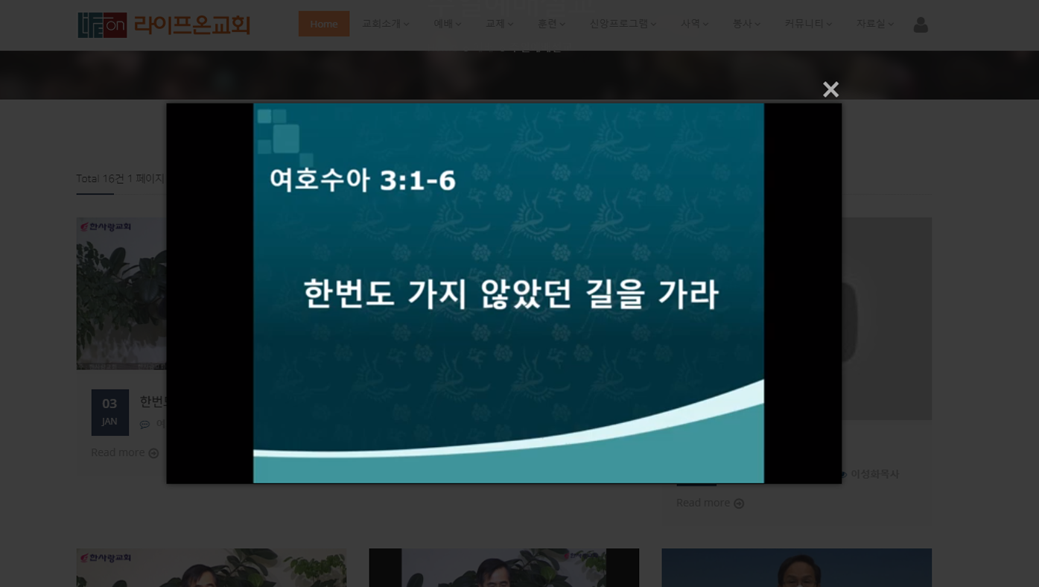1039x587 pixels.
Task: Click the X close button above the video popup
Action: point(830,89)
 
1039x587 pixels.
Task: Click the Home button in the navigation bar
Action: point(324,24)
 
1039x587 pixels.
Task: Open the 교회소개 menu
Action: point(385,24)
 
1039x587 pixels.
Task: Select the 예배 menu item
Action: point(447,24)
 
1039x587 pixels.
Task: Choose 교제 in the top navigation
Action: point(499,24)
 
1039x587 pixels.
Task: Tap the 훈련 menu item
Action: point(551,24)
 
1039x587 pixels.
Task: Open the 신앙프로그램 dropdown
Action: point(623,24)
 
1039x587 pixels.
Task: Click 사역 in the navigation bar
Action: point(694,24)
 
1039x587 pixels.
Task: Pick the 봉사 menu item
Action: point(746,24)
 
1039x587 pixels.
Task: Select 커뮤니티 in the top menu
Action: point(807,24)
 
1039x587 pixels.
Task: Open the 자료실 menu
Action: point(874,24)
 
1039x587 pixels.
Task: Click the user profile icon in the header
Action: point(921,25)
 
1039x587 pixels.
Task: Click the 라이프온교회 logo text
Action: point(191,25)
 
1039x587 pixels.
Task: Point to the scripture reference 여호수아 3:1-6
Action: point(362,180)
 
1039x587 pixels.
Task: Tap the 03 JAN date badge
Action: point(109,412)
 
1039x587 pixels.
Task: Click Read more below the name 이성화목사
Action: point(710,504)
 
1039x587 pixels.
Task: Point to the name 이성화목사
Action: point(874,474)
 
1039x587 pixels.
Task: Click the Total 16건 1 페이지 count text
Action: point(121,179)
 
